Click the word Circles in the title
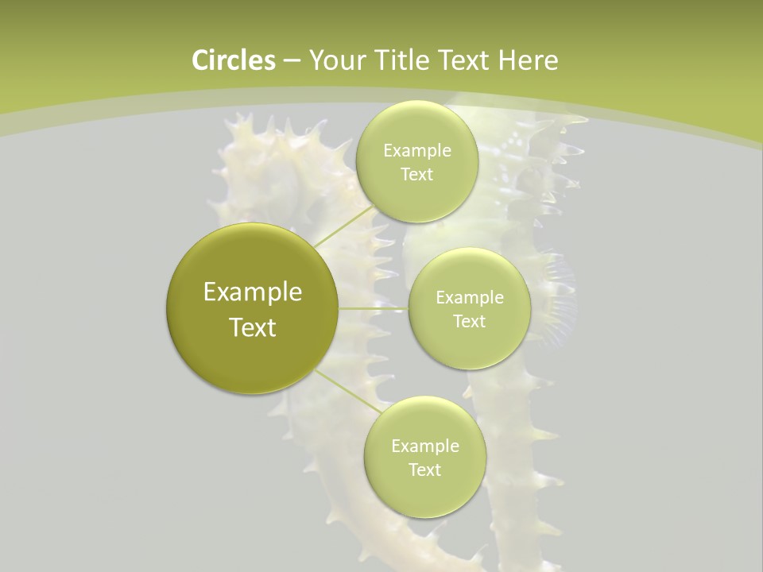pos(233,60)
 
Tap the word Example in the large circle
pos(253,292)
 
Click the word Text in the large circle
pos(253,327)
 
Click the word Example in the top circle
pos(416,151)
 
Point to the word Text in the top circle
pos(416,175)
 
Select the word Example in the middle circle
pos(469,298)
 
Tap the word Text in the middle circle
pos(469,322)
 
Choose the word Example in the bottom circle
pos(424,446)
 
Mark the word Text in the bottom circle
pos(424,470)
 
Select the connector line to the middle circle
pos(374,308)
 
